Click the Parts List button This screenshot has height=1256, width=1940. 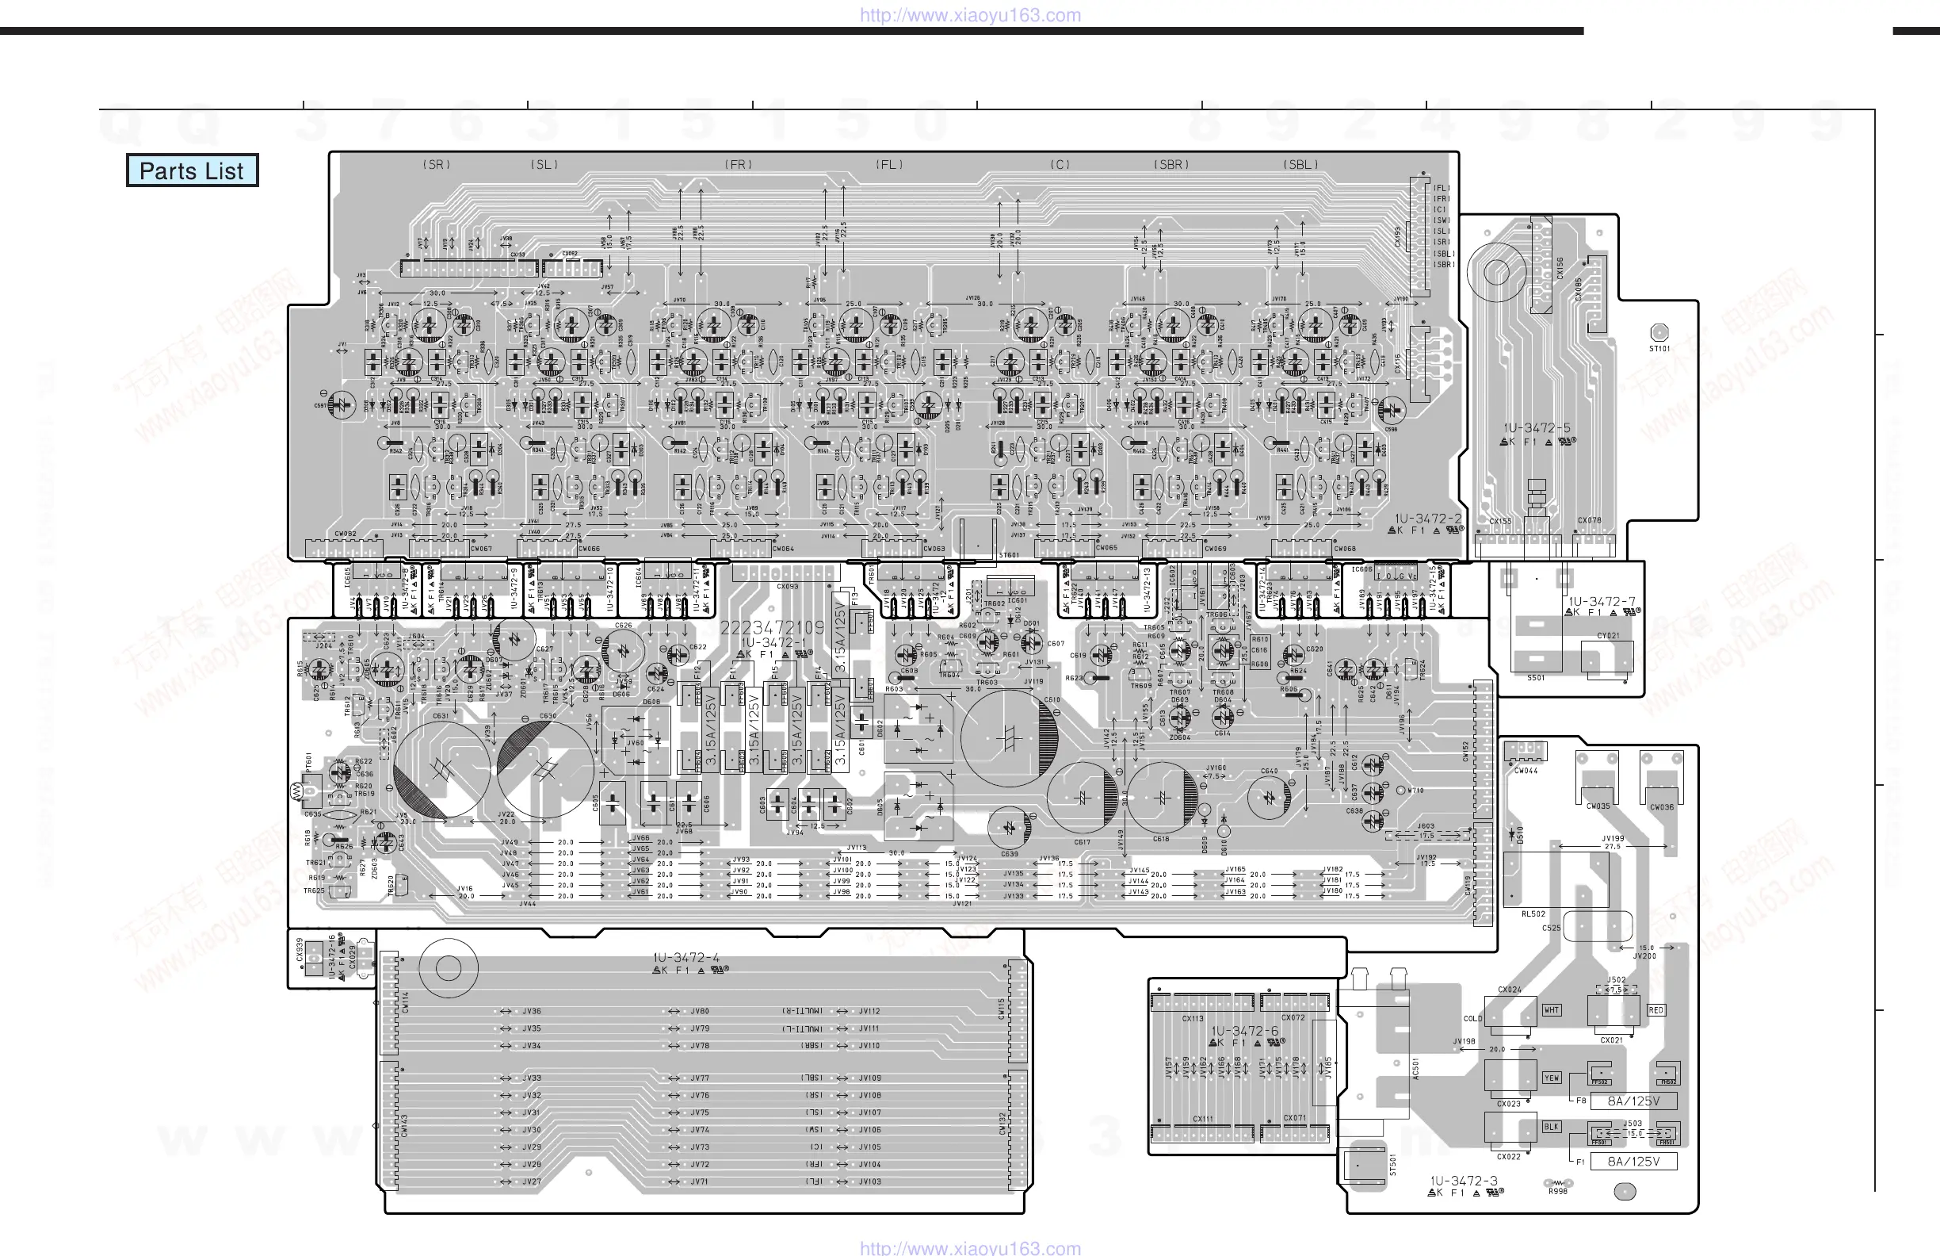[x=192, y=170]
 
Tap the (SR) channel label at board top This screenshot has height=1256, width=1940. [x=437, y=165]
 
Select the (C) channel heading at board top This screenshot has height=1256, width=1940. [x=1060, y=165]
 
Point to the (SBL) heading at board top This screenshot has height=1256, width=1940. [x=1301, y=165]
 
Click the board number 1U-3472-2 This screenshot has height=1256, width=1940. [x=1428, y=519]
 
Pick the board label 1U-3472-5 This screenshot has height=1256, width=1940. [x=1537, y=428]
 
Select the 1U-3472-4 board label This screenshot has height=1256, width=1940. [x=686, y=958]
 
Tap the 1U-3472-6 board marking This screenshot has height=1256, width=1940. [x=1245, y=1031]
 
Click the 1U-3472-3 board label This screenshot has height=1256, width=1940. [x=1463, y=1181]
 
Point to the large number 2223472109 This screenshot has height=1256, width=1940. [x=772, y=628]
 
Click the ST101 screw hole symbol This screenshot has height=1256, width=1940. [x=1659, y=333]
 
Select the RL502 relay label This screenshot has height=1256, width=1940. [x=1533, y=914]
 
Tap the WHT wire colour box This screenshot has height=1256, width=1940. [x=1551, y=1010]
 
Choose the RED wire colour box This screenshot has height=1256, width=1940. [x=1655, y=1010]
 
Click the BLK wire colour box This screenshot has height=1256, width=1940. [x=1551, y=1127]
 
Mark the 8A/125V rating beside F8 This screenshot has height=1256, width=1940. [x=1633, y=1101]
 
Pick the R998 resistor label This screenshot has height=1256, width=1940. [x=1558, y=1192]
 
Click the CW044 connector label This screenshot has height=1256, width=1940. [x=1526, y=771]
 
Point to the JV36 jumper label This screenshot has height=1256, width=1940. [x=532, y=1011]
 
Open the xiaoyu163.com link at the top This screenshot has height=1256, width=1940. [x=970, y=15]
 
